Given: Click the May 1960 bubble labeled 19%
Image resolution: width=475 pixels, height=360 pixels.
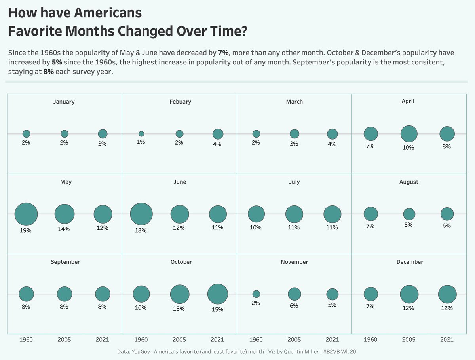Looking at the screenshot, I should point(26,214).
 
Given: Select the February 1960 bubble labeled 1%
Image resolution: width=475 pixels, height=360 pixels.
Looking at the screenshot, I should point(141,134).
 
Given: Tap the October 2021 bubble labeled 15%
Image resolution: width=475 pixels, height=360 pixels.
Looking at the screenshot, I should point(217,294).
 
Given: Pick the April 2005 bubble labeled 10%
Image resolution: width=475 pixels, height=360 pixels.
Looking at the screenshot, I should point(409,134).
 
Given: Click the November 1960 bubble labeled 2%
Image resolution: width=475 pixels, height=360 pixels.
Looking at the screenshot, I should point(256,294).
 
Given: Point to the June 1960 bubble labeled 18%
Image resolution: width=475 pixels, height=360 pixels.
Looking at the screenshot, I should point(141,214).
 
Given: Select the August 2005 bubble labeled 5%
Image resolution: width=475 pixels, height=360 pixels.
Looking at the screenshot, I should point(409,214).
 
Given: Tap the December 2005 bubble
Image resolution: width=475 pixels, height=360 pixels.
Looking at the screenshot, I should point(409,294).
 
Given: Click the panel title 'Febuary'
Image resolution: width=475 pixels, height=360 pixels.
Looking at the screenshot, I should point(180,102).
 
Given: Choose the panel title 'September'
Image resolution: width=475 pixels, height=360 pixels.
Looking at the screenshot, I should point(65,262).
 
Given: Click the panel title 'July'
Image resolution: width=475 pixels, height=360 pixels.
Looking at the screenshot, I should point(294,182).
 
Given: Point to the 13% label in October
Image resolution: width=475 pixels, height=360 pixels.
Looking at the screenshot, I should point(179,308).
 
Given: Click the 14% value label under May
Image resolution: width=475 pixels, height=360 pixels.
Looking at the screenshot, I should point(64,229).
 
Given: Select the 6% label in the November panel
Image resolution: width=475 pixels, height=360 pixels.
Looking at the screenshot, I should point(294,306).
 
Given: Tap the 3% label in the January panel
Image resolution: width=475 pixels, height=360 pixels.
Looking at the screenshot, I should point(102,144).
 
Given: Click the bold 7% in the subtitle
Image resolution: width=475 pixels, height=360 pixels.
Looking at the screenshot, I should point(223,53).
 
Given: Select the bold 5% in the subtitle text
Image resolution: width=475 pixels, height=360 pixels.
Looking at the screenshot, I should point(57,63).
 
